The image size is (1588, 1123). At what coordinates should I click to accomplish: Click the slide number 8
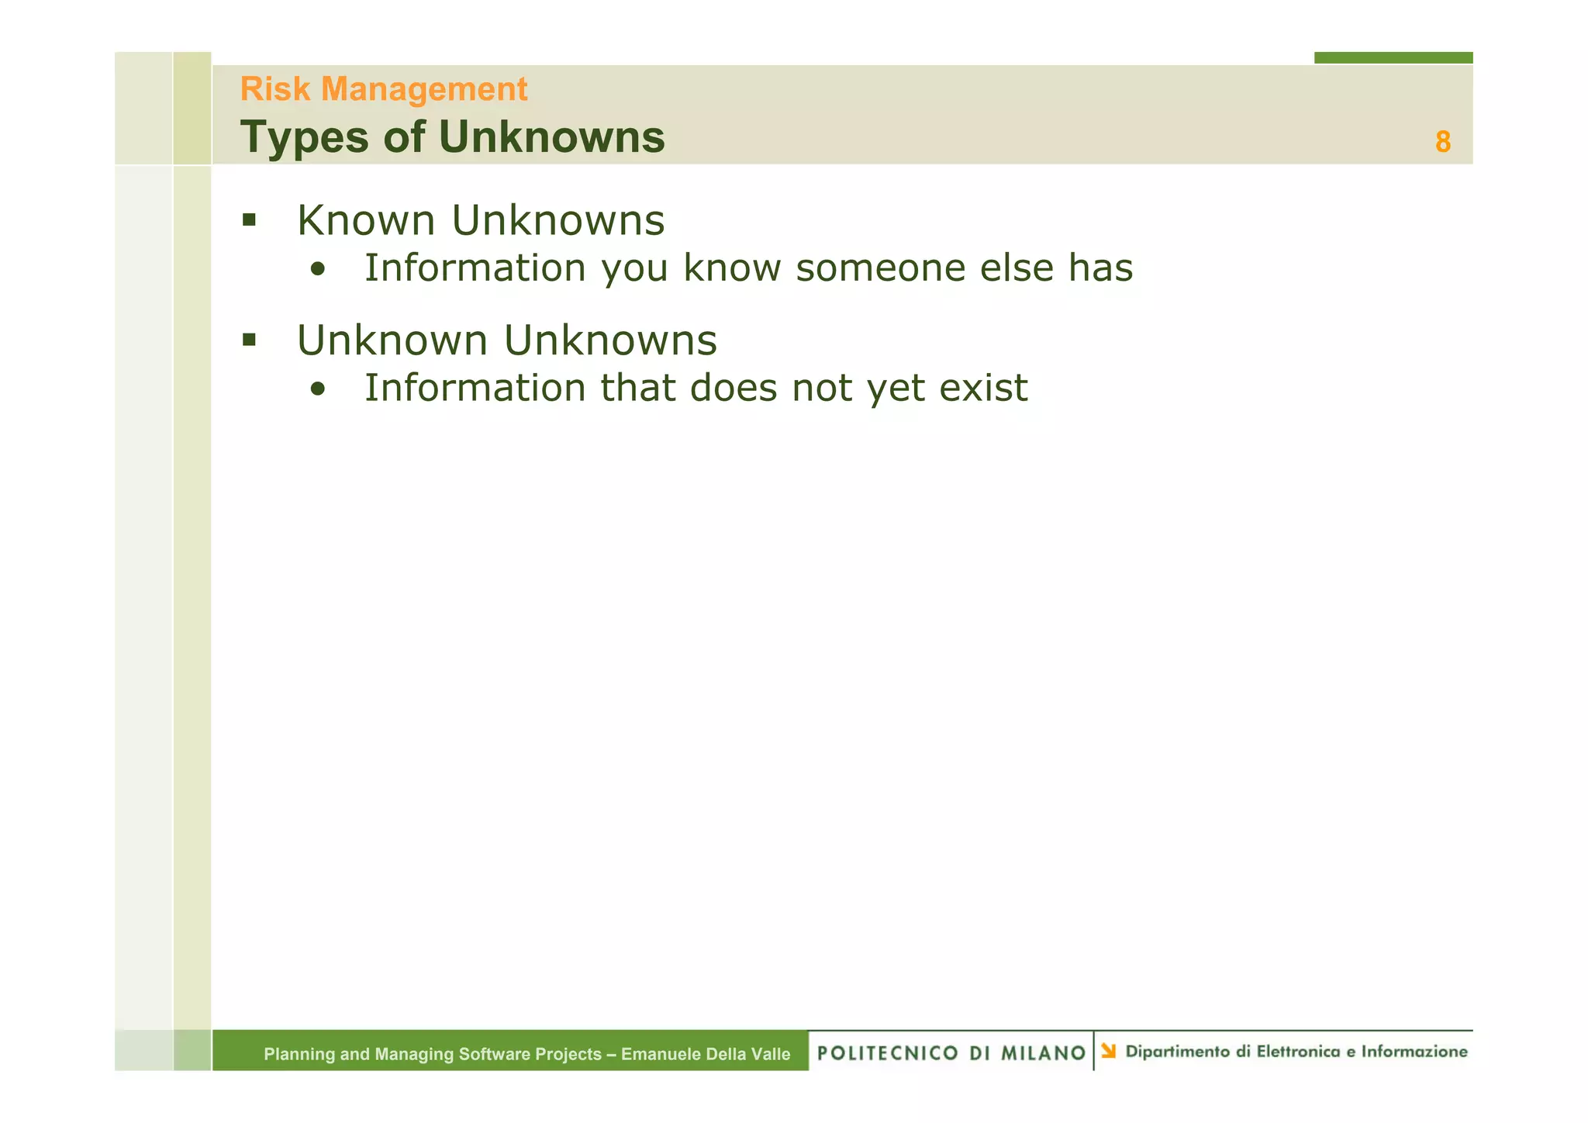(1442, 142)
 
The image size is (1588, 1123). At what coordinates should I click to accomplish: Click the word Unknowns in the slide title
(551, 137)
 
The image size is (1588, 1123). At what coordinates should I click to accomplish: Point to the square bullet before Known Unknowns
(249, 220)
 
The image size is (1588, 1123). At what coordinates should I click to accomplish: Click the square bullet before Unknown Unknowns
(249, 340)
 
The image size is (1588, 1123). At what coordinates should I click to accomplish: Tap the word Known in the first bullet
(366, 220)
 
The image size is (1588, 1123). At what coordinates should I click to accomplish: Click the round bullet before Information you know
(316, 271)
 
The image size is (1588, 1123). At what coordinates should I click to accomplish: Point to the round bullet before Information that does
(316, 391)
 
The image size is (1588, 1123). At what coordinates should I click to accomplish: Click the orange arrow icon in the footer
(1109, 1052)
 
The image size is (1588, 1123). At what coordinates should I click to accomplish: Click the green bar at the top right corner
(1393, 57)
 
